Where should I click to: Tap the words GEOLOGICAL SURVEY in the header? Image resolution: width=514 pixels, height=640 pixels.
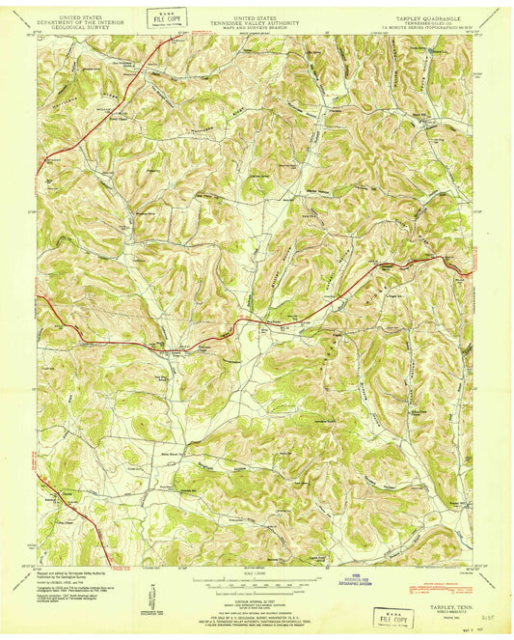click(x=81, y=29)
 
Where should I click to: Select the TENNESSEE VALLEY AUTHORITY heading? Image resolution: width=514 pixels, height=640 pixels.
click(x=257, y=23)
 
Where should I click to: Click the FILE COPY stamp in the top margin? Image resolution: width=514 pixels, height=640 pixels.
click(x=166, y=18)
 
